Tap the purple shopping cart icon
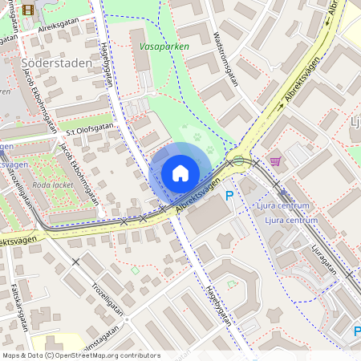tap(276, 161)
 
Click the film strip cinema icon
tap(29, 10)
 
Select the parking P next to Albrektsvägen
tap(229, 195)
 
